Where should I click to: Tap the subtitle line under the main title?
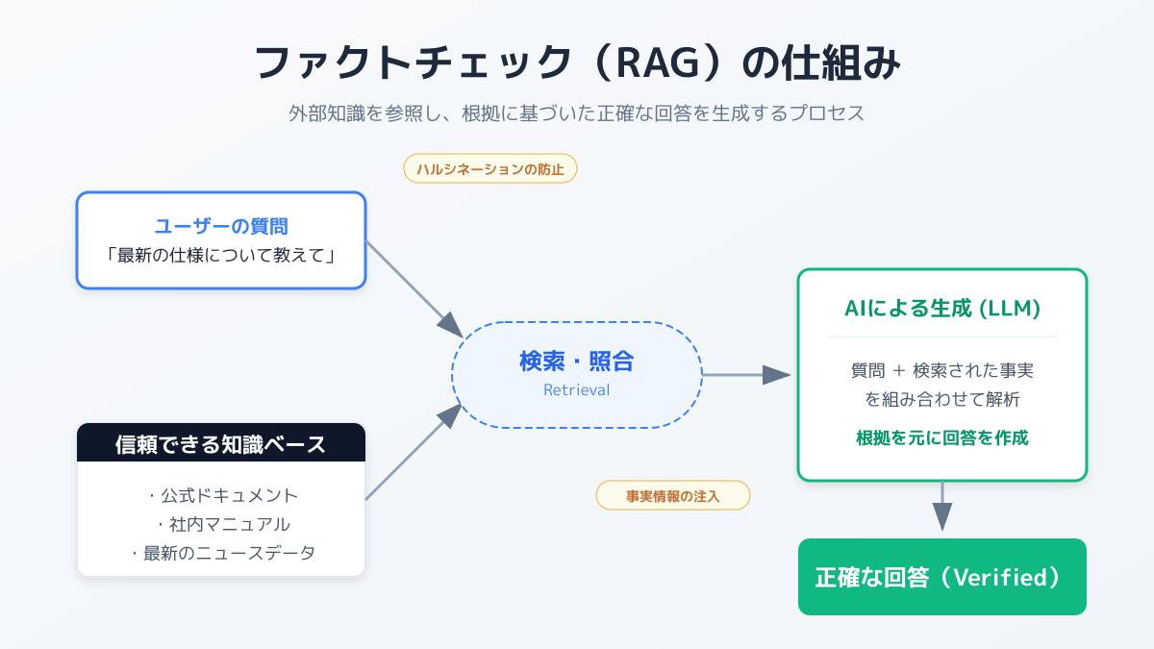[577, 112]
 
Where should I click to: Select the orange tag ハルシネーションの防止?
[490, 169]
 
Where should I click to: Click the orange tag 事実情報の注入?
[673, 495]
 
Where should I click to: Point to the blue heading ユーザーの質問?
[221, 227]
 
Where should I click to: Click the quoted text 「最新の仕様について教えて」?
[221, 257]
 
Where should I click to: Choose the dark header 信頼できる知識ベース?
[221, 443]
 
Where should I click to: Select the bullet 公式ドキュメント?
[223, 495]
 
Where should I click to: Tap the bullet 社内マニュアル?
[223, 524]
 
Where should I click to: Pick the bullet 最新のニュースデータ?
[223, 553]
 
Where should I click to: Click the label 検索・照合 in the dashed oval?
[577, 362]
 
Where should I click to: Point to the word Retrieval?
[577, 390]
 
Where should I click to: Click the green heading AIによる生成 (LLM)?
[942, 310]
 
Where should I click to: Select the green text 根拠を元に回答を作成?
[942, 438]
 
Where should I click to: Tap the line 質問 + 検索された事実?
[942, 370]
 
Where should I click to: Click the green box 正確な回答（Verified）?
[942, 577]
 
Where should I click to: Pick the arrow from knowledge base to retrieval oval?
[414, 453]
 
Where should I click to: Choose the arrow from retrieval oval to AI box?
[745, 375]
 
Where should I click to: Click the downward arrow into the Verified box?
[942, 506]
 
